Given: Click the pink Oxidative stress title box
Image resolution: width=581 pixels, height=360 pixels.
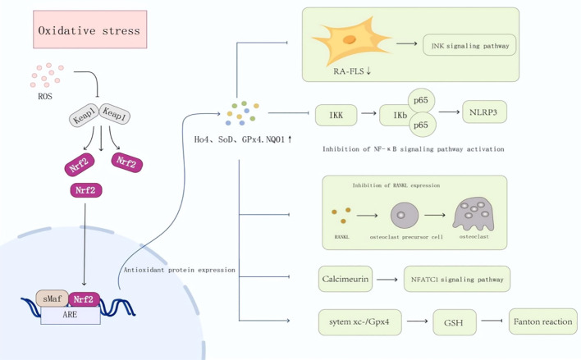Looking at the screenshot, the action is click(90, 30).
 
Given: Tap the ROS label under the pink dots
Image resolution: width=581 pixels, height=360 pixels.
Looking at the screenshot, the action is click(45, 96).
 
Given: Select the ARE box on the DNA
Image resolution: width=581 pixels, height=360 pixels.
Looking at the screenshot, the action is click(71, 315).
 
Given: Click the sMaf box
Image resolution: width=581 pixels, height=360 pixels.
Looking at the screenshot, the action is click(53, 298).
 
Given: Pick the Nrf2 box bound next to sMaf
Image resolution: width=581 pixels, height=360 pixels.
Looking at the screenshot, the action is click(84, 299).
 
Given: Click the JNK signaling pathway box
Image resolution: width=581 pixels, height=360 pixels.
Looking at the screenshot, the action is click(469, 45).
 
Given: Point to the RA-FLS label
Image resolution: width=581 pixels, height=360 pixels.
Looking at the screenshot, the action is click(352, 71).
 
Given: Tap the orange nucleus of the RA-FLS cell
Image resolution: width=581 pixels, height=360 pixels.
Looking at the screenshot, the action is click(350, 39).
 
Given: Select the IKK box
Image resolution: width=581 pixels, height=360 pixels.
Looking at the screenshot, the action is click(336, 115).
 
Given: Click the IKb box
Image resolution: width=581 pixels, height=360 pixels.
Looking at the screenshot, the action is click(396, 115).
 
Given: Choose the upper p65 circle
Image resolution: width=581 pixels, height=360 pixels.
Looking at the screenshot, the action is click(421, 100).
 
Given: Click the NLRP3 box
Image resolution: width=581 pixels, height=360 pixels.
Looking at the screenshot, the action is click(484, 112).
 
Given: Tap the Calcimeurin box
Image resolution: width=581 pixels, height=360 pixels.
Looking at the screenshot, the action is click(345, 279).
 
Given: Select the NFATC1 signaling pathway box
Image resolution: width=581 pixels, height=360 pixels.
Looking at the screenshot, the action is click(457, 279).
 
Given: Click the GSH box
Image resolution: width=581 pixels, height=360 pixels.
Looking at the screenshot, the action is click(455, 322).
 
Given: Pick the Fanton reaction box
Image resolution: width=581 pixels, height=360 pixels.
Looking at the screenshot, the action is click(542, 321).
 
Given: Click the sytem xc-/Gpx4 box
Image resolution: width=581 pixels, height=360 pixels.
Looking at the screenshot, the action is click(360, 322).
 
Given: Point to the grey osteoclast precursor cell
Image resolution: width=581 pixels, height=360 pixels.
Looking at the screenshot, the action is click(405, 215).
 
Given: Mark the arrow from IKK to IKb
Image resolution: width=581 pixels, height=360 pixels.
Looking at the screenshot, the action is click(368, 113).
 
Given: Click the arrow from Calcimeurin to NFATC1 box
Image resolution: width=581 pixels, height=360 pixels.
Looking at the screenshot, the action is click(387, 280).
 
